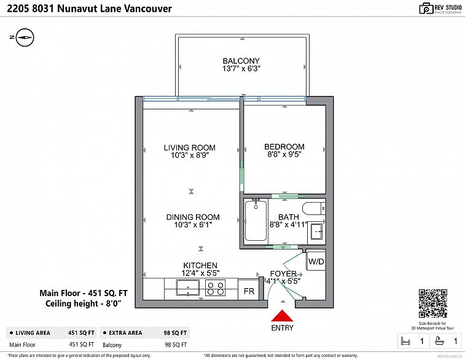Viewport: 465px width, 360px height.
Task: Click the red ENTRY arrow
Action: click(282, 316)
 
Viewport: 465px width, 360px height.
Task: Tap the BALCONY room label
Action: click(241, 61)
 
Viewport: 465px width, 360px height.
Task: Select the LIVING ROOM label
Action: click(189, 147)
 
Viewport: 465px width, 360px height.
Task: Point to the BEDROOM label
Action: click(284, 147)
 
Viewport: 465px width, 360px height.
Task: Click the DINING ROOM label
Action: click(192, 217)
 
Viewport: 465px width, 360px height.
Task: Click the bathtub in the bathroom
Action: click(254, 221)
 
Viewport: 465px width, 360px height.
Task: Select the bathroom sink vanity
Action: click(317, 232)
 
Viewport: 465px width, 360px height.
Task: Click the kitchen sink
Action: click(186, 288)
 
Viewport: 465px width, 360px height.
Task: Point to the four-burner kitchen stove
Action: click(215, 288)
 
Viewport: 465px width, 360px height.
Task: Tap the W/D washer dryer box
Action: click(316, 262)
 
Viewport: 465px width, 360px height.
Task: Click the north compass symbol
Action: click(23, 37)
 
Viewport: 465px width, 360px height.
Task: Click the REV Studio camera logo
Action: click(426, 8)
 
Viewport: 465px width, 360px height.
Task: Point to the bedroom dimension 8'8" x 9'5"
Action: click(284, 155)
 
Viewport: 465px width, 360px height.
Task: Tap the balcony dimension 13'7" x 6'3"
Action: click(241, 69)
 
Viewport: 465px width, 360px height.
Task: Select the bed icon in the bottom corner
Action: click(405, 340)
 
